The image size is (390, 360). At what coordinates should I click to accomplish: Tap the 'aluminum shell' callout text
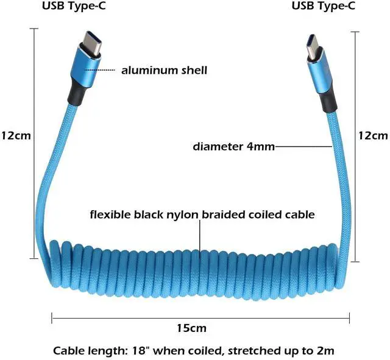pos(164,70)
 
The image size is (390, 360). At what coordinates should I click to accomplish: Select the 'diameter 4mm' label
pos(233,146)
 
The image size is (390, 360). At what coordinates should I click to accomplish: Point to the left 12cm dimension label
pos(15,135)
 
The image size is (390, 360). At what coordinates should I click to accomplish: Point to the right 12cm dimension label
pos(373,135)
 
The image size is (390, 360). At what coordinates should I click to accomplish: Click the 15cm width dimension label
pos(191,328)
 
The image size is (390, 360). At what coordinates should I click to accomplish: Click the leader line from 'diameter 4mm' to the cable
pos(302,146)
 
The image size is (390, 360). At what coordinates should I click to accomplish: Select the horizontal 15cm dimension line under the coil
pos(122,317)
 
